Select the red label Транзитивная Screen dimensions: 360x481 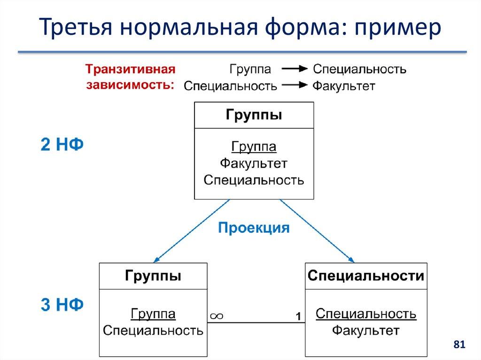[x=130, y=69]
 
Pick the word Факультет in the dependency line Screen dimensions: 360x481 [x=344, y=86]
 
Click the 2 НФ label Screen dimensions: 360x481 [x=62, y=145]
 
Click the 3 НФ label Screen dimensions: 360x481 [x=62, y=305]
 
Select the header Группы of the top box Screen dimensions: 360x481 [x=254, y=115]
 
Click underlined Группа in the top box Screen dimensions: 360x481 [x=254, y=147]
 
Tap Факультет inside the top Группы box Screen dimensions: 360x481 [x=254, y=163]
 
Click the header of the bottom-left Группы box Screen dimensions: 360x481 [x=153, y=276]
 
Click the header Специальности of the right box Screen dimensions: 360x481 [x=366, y=276]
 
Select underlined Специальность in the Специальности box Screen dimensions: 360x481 [x=366, y=313]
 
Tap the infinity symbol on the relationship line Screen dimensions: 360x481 [x=216, y=316]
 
